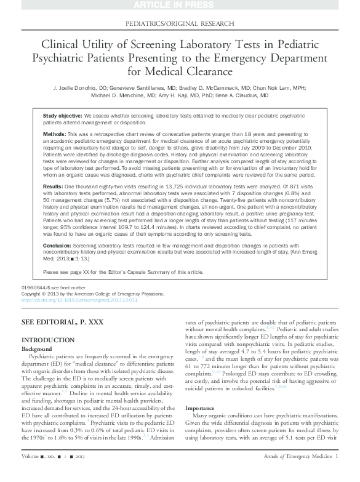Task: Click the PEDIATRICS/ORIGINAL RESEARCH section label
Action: point(179,23)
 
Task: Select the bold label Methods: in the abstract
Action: point(56,134)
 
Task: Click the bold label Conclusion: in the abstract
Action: point(58,245)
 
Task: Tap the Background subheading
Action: point(38,348)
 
